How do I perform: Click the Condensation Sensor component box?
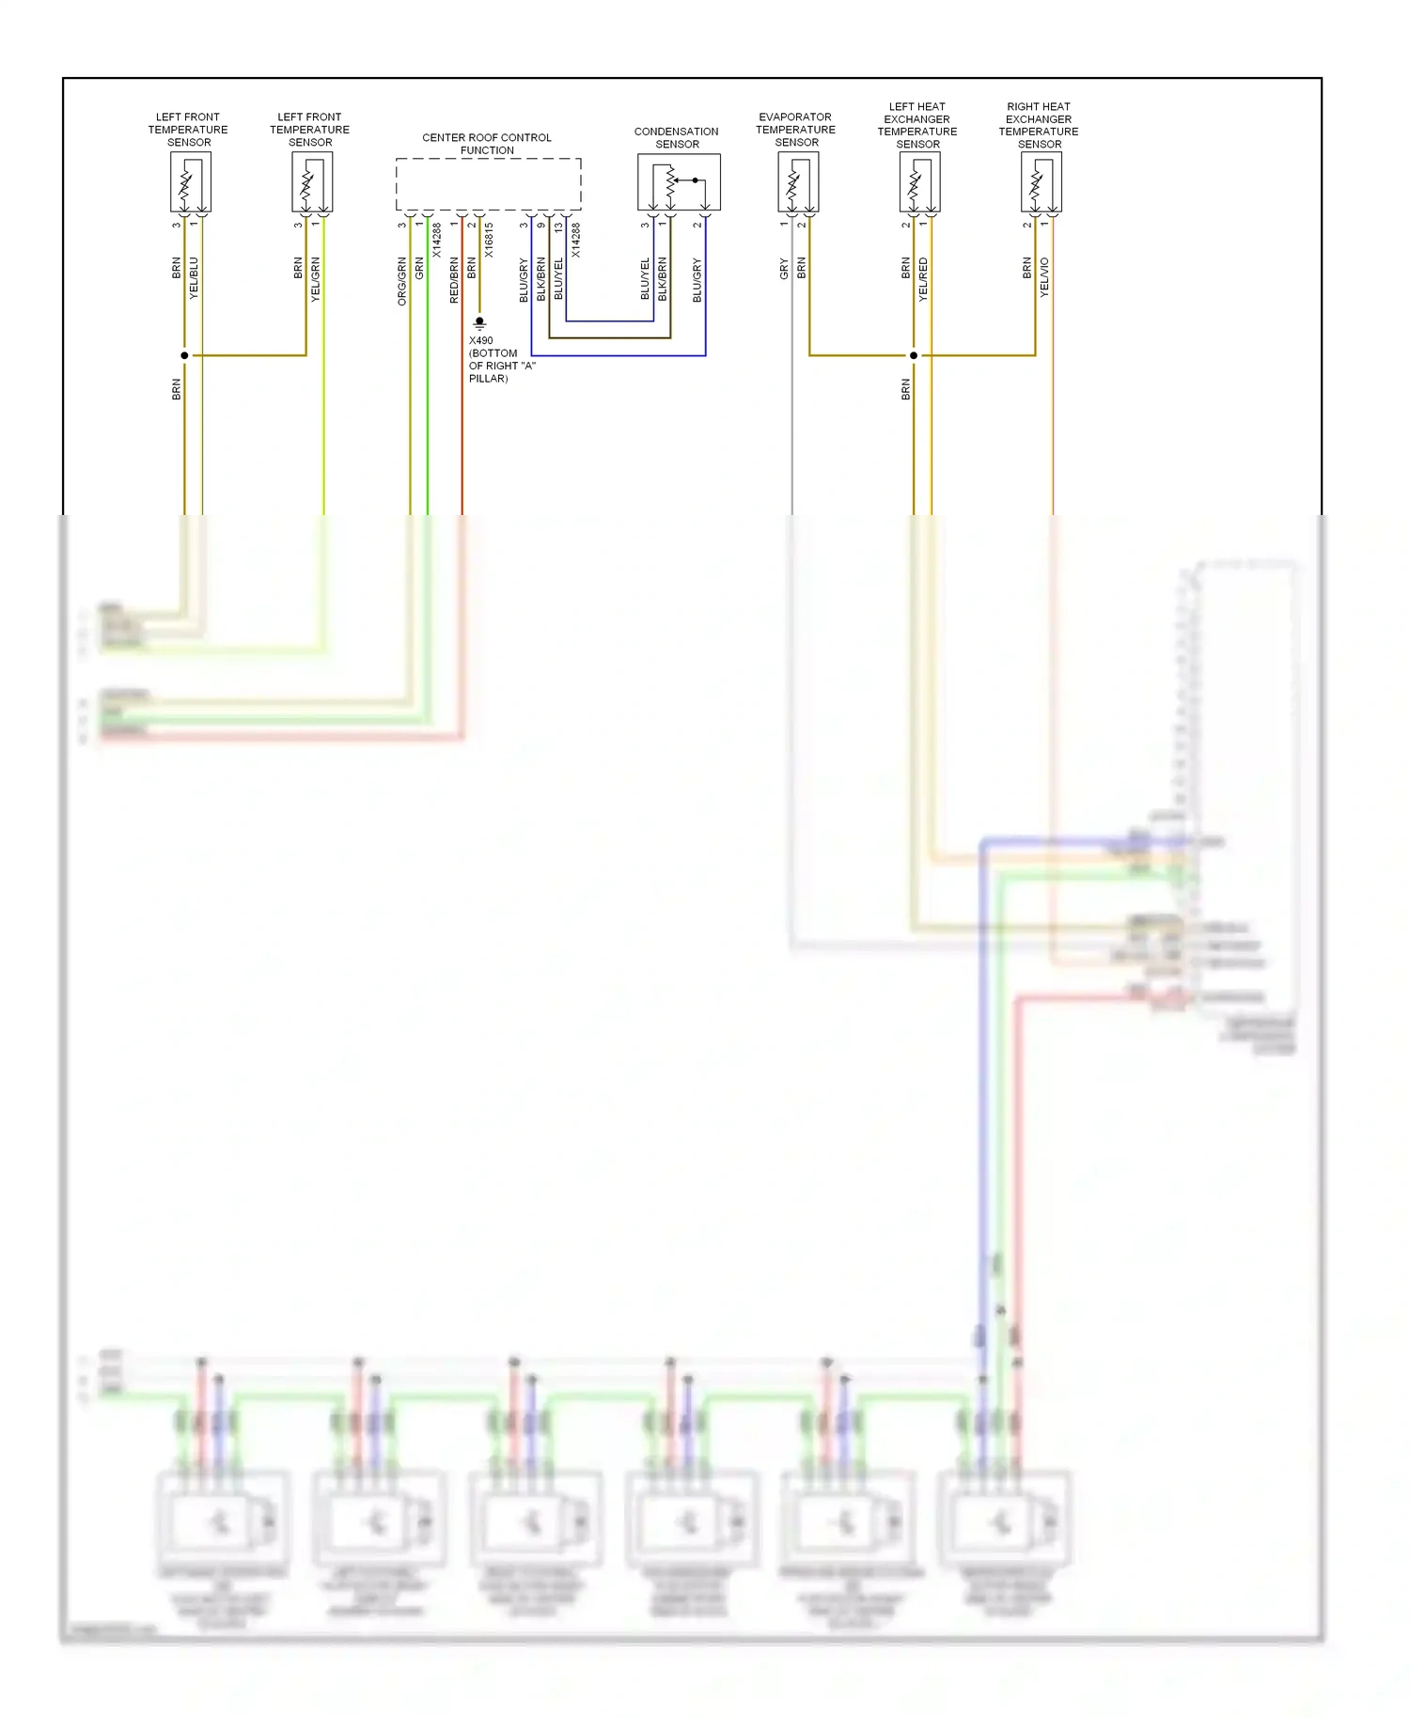679,181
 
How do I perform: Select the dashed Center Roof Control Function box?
488,184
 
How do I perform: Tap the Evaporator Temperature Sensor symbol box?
798,181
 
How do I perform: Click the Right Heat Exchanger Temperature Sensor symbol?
1042,181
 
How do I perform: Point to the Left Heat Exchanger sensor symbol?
919,181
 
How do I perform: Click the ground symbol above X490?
479,323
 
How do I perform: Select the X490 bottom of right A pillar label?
500,359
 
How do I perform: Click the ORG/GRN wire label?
402,280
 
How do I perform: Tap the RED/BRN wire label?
454,279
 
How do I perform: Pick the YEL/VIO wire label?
1044,278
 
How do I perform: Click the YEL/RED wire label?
923,278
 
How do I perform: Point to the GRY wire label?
784,270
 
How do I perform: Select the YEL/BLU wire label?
195,278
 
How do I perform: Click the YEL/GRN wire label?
316,278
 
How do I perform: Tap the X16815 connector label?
490,241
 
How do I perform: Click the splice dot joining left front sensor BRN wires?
184,355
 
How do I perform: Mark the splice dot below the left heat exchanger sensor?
914,355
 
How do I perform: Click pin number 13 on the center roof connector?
558,226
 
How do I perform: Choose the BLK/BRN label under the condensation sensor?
663,278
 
